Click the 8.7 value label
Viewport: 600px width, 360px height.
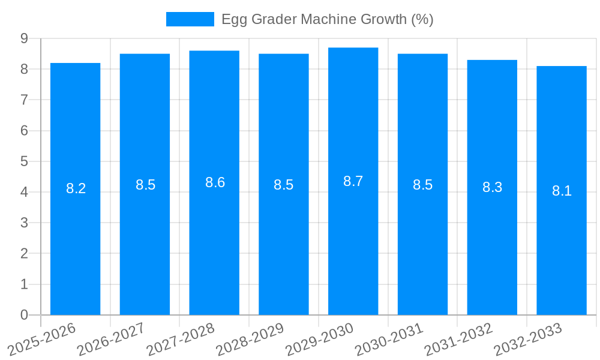click(x=353, y=181)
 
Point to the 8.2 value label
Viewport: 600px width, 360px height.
click(x=76, y=188)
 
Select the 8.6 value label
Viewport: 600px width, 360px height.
click(x=215, y=182)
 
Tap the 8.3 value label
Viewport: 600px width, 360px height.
click(x=492, y=187)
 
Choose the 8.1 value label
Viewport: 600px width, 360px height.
click(x=562, y=191)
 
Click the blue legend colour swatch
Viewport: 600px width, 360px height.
click(x=190, y=19)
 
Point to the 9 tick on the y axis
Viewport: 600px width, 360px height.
click(x=24, y=38)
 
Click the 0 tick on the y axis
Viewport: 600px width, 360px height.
click(x=24, y=315)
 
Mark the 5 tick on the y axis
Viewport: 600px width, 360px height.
click(x=24, y=161)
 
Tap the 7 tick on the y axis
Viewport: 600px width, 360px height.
click(x=24, y=100)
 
